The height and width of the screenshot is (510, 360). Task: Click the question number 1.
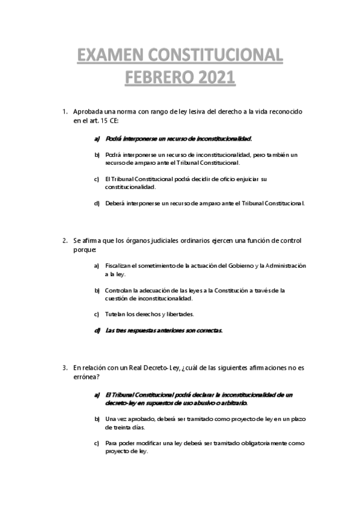tap(64, 112)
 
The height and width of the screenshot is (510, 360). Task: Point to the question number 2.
tap(64, 241)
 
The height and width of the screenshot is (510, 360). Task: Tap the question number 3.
tap(64, 369)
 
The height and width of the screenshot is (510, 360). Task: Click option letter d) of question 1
tap(96, 203)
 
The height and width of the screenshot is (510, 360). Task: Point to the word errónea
tap(85, 377)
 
